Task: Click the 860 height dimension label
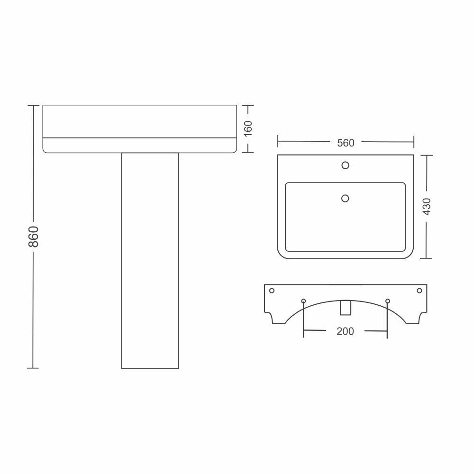click(x=34, y=237)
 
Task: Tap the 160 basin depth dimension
click(x=248, y=129)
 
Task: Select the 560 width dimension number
click(x=346, y=143)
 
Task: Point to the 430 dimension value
click(x=427, y=207)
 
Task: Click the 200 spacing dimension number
click(x=345, y=331)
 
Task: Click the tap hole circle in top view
click(x=345, y=165)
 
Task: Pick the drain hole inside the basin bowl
click(x=345, y=198)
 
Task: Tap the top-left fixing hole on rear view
click(x=272, y=291)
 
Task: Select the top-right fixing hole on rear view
click(x=419, y=291)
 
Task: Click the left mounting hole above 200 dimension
click(x=303, y=301)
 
